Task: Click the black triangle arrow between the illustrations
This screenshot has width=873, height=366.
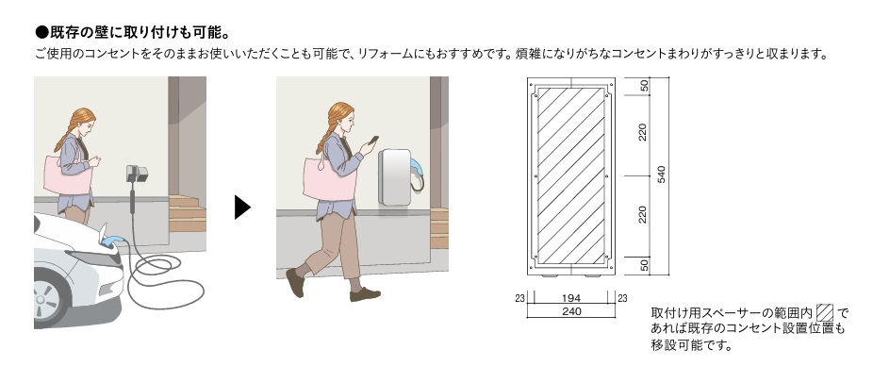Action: pyautogui.click(x=241, y=208)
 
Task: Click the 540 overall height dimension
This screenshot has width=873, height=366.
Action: pyautogui.click(x=661, y=175)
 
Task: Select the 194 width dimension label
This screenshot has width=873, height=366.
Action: pyautogui.click(x=572, y=299)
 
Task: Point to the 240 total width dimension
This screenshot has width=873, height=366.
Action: pyautogui.click(x=572, y=311)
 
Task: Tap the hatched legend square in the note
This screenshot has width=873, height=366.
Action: pyautogui.click(x=825, y=313)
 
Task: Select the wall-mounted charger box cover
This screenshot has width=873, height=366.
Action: pyautogui.click(x=396, y=177)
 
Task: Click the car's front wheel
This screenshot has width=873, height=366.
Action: pyautogui.click(x=51, y=298)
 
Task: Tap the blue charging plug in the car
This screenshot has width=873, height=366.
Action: pyautogui.click(x=113, y=241)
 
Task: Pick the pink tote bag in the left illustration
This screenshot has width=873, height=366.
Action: pyautogui.click(x=67, y=176)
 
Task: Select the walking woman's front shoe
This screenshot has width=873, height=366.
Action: pyautogui.click(x=365, y=294)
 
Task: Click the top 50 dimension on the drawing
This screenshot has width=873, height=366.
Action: pyautogui.click(x=644, y=86)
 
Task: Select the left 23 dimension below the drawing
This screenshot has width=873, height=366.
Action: pyautogui.click(x=520, y=299)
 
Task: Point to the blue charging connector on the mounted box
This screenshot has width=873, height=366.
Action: pyautogui.click(x=419, y=169)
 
